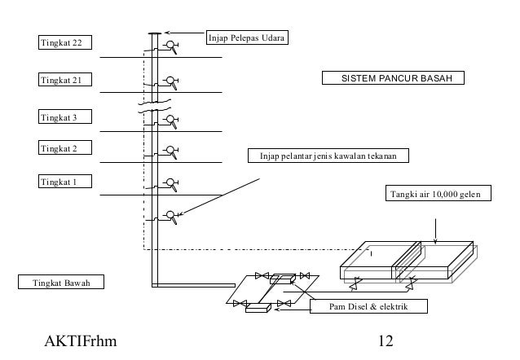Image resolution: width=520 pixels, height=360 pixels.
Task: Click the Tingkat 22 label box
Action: pyautogui.click(x=65, y=42)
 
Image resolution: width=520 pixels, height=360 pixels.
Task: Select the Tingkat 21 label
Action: pyautogui.click(x=65, y=80)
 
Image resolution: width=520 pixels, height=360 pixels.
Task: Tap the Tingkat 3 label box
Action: pyautogui.click(x=65, y=116)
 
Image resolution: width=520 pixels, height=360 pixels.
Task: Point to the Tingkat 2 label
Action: pyautogui.click(x=65, y=147)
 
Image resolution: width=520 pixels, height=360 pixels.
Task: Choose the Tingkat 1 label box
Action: pyautogui.click(x=65, y=182)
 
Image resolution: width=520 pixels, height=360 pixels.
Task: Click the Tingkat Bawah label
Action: pyautogui.click(x=61, y=282)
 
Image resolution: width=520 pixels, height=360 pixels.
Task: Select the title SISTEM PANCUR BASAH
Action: pyautogui.click(x=393, y=78)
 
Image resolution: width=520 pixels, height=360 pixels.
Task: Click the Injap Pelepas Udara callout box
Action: pyautogui.click(x=247, y=37)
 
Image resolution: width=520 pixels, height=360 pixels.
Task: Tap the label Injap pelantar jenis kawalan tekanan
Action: pyautogui.click(x=328, y=156)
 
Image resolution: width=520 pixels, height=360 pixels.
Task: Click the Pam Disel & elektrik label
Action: pyautogui.click(x=368, y=306)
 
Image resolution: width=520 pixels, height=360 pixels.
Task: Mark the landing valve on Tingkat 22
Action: pyautogui.click(x=171, y=46)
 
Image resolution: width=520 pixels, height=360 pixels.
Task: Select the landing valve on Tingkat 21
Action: pyautogui.click(x=171, y=82)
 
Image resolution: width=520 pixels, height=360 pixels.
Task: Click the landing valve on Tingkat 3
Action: pyautogui.click(x=171, y=121)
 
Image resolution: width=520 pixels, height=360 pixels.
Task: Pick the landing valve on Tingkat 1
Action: pyautogui.click(x=171, y=185)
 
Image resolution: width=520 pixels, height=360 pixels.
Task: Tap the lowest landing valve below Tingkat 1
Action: pyautogui.click(x=171, y=217)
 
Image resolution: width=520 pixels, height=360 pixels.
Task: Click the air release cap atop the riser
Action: pyautogui.click(x=155, y=33)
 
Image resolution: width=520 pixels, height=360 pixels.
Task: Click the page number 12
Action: pyautogui.click(x=386, y=340)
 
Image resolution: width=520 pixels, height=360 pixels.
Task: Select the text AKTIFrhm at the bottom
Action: pyautogui.click(x=81, y=340)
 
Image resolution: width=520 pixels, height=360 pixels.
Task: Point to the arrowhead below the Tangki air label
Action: pyautogui.click(x=435, y=241)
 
